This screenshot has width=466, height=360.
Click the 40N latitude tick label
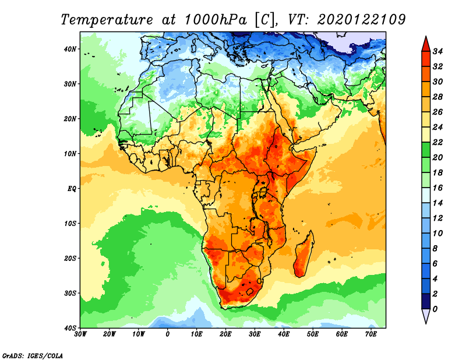click(70, 49)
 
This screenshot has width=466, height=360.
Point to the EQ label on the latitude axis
click(72, 189)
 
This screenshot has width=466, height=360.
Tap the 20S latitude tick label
click(70, 258)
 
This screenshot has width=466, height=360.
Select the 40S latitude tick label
click(70, 328)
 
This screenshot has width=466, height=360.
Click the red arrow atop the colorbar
click(425, 43)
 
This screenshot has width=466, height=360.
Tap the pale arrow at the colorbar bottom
click(425, 316)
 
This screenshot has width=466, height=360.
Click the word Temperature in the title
click(110, 20)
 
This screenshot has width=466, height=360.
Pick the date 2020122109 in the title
click(361, 20)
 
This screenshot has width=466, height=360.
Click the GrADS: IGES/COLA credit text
click(32, 355)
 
